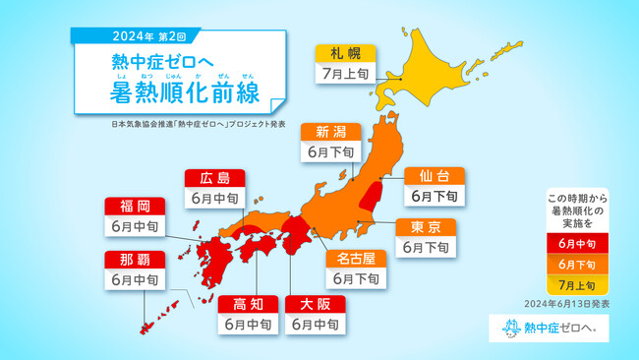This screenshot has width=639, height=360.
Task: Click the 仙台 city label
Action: [435, 176]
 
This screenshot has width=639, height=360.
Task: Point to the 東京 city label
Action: [426, 227]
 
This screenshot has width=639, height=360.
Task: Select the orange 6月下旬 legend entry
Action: [577, 264]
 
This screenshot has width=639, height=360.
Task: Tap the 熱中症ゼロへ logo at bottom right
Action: [549, 328]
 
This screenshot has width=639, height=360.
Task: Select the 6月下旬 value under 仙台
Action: [435, 197]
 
